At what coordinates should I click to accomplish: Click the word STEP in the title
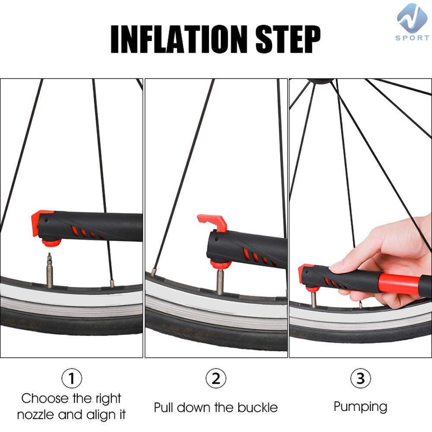pyautogui.click(x=288, y=39)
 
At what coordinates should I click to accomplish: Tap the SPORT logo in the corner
pyautogui.click(x=413, y=22)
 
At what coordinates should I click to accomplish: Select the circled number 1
pyautogui.click(x=72, y=378)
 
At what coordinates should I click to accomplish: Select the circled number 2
pyautogui.click(x=216, y=378)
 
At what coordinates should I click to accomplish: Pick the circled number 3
pyautogui.click(x=360, y=378)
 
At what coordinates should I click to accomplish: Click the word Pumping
pyautogui.click(x=360, y=407)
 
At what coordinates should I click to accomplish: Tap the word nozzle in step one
pyautogui.click(x=36, y=415)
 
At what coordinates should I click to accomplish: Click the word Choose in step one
pyautogui.click(x=45, y=398)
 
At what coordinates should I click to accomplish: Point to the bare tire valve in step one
pyautogui.click(x=50, y=270)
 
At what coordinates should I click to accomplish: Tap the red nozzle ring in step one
pyautogui.click(x=51, y=243)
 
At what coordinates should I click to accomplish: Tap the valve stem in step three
pyautogui.click(x=314, y=299)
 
